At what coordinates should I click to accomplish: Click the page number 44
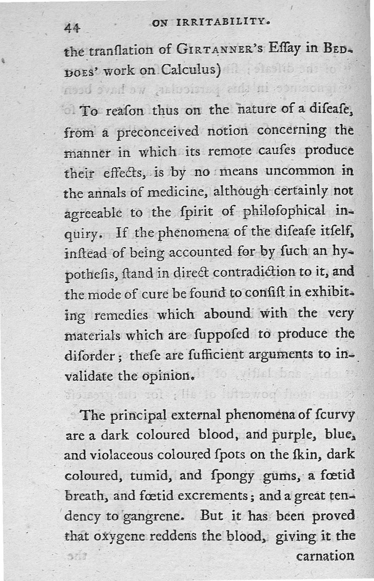72,28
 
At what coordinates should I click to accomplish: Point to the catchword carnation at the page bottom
325,556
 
